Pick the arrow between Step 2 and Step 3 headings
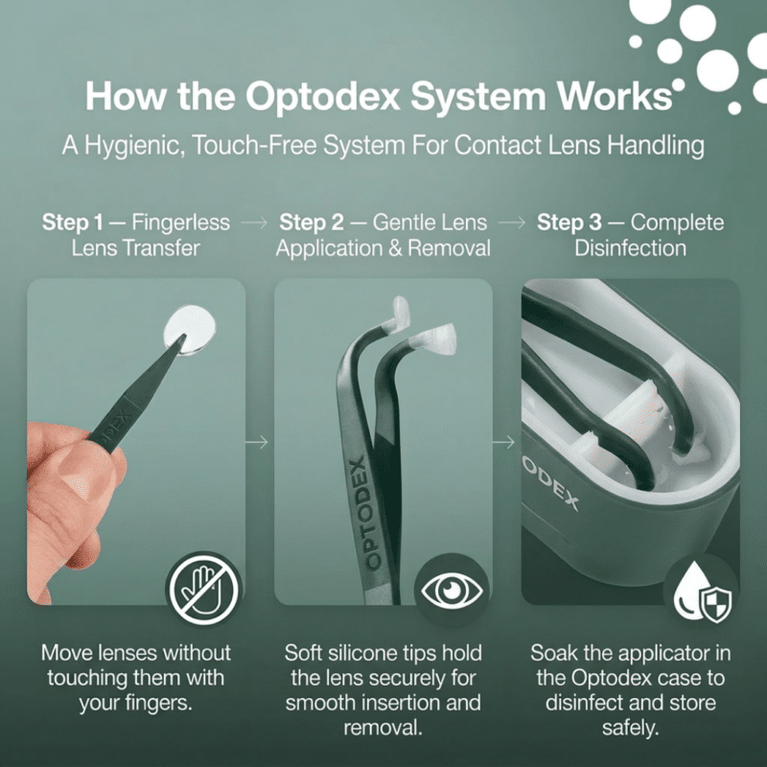point(514,223)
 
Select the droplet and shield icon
point(700,591)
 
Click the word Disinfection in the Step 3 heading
point(630,248)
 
